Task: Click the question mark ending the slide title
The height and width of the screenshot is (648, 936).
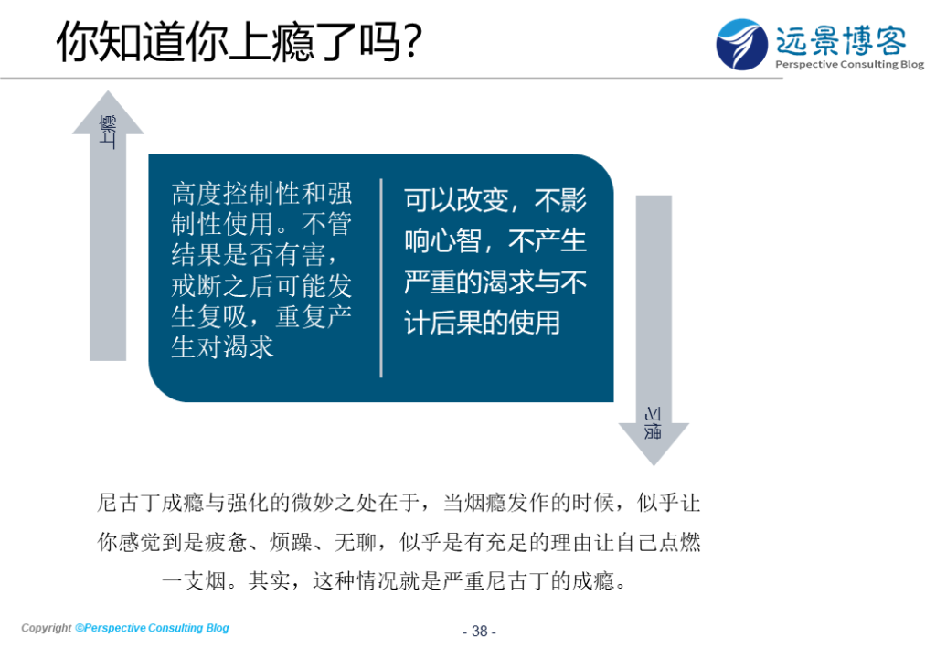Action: pyautogui.click(x=411, y=41)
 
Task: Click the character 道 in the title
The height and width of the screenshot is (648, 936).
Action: pyautogui.click(x=164, y=41)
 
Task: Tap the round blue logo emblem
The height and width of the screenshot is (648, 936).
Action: pyautogui.click(x=741, y=44)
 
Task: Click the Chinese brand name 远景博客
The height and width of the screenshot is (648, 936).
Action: pyautogui.click(x=841, y=40)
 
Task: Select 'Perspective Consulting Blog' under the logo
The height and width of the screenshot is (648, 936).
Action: pyautogui.click(x=849, y=65)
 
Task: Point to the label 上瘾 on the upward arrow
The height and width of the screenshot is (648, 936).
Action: pyautogui.click(x=108, y=132)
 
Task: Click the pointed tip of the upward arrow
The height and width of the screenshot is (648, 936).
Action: pyautogui.click(x=108, y=91)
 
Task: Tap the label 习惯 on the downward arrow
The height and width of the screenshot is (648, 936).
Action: pyautogui.click(x=653, y=423)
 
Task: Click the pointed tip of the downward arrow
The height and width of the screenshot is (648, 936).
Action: pyautogui.click(x=654, y=465)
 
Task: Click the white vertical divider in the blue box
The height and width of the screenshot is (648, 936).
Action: pyautogui.click(x=381, y=278)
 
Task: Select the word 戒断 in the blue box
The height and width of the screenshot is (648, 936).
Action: pyautogui.click(x=197, y=286)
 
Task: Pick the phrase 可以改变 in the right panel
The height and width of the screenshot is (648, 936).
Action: pyautogui.click(x=456, y=200)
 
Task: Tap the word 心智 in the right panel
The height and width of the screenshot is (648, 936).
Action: pyautogui.click(x=456, y=241)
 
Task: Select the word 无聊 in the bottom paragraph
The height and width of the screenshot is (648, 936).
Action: pyautogui.click(x=356, y=542)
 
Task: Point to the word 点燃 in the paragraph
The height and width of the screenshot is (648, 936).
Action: pyautogui.click(x=680, y=542)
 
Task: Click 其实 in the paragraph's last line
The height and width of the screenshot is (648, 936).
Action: pyautogui.click(x=270, y=580)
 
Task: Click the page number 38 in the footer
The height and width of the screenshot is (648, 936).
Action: pyautogui.click(x=479, y=632)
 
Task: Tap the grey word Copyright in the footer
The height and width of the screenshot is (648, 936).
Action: pyautogui.click(x=46, y=628)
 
